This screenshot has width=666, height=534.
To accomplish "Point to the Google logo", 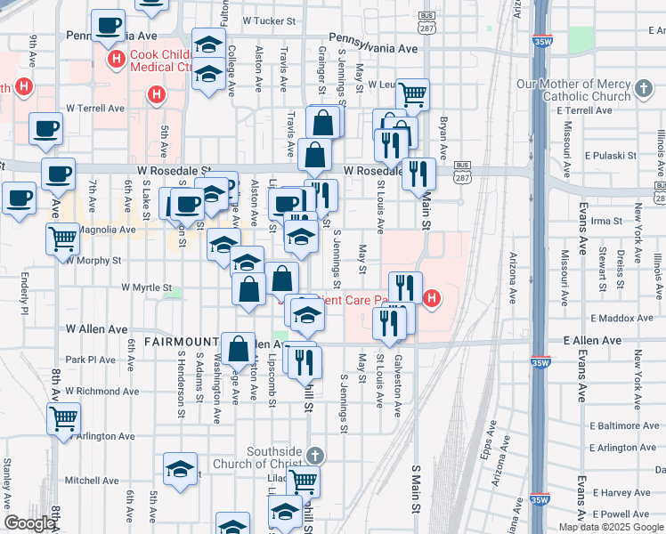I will pos(28,523).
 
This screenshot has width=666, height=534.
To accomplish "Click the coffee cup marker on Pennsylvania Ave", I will pos(108,27).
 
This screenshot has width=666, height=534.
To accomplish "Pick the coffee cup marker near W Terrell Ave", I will pos(45,127).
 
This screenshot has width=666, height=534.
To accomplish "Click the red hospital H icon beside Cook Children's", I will pos(115,60).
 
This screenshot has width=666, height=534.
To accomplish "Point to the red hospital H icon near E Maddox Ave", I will pos(432,297).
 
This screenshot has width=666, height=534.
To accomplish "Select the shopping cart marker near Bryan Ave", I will pos(412,93).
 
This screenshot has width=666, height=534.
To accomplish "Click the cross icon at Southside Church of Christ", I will pos(312,456).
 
